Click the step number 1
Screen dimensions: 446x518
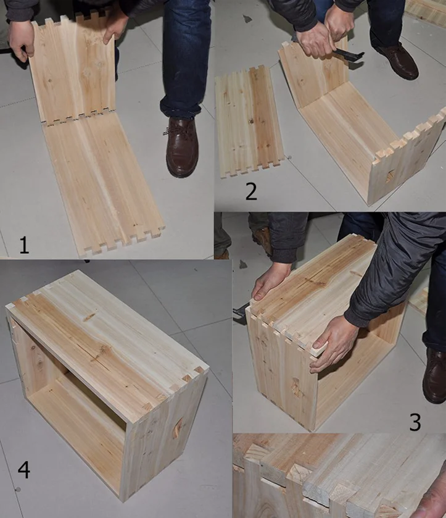point(24,244)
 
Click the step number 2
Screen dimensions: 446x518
point(251,191)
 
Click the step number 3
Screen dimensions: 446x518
point(415,422)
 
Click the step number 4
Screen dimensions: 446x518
point(24,470)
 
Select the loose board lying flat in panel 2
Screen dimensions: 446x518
point(249,122)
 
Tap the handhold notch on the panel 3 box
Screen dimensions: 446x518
point(296,387)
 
